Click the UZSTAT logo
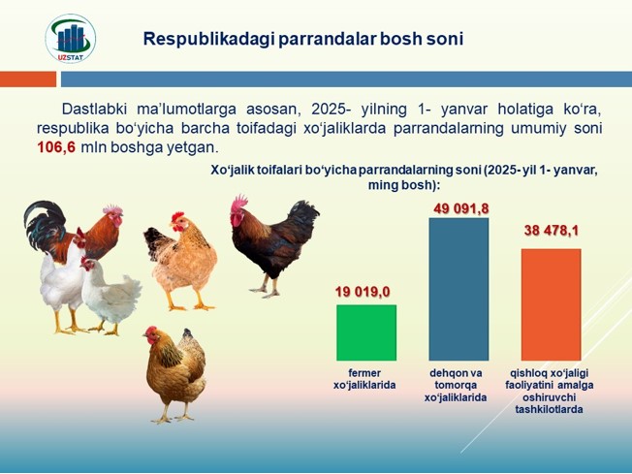pyautogui.click(x=71, y=39)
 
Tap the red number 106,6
pyautogui.click(x=56, y=147)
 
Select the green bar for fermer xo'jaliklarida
pyautogui.click(x=366, y=332)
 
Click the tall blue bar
pyautogui.click(x=458, y=289)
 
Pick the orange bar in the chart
pyautogui.click(x=551, y=304)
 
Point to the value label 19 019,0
pyautogui.click(x=363, y=292)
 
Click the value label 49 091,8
pyautogui.click(x=461, y=208)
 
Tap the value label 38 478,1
pyautogui.click(x=552, y=231)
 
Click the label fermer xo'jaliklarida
pyautogui.click(x=364, y=379)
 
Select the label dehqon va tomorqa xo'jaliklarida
pyautogui.click(x=456, y=386)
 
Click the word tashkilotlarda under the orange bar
pyautogui.click(x=549, y=409)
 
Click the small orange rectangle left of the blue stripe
pyautogui.click(x=28, y=79)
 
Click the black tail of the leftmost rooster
pyautogui.click(x=44, y=224)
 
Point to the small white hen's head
pyautogui.click(x=88, y=264)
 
